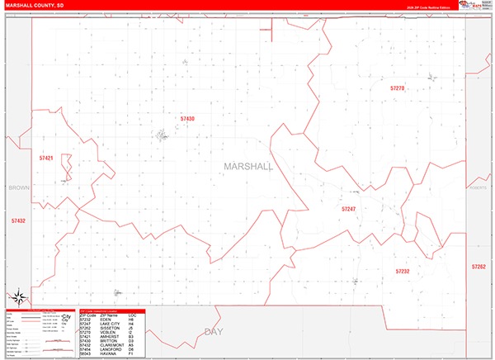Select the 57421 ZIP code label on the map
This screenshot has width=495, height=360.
coord(46,158)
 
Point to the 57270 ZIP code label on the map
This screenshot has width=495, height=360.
coord(398,88)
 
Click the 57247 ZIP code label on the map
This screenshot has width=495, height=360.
coord(349,209)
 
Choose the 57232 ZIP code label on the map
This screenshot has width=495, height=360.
coord(402,271)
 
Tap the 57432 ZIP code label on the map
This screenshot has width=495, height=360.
coord(18,220)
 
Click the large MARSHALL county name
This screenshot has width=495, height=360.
coord(247,166)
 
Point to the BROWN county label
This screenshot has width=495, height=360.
coord(18,188)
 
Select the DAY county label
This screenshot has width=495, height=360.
coord(214,332)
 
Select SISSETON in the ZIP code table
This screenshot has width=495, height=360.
coord(107,328)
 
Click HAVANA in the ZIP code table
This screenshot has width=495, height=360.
coord(105,354)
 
